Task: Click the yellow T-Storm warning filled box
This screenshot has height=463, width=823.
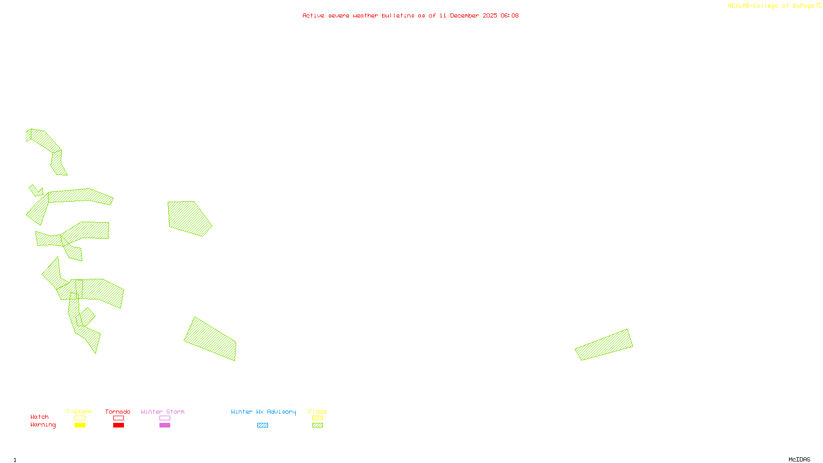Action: click(x=80, y=425)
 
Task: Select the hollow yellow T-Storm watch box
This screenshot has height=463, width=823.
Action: click(x=80, y=418)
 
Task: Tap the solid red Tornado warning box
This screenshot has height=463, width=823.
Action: click(x=118, y=425)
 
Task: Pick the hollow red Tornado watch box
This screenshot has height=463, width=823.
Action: click(x=118, y=418)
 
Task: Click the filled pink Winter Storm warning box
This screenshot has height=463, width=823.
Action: click(x=165, y=425)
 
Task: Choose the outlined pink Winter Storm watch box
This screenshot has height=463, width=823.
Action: click(x=165, y=418)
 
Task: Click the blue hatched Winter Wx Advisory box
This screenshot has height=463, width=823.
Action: click(x=262, y=425)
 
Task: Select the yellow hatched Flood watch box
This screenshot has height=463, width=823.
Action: click(x=317, y=418)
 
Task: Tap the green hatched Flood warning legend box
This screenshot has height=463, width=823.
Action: click(x=317, y=425)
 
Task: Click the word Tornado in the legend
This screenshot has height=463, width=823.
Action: click(x=118, y=412)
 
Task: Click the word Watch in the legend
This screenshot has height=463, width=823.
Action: click(x=40, y=417)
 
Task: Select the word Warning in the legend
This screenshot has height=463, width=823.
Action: click(x=43, y=425)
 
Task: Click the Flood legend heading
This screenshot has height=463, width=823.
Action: click(x=317, y=412)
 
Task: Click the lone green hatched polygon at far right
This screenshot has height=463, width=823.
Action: click(x=604, y=345)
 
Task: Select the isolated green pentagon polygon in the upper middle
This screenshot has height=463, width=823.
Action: click(x=188, y=218)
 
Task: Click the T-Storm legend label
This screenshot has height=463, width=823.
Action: click(x=79, y=412)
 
